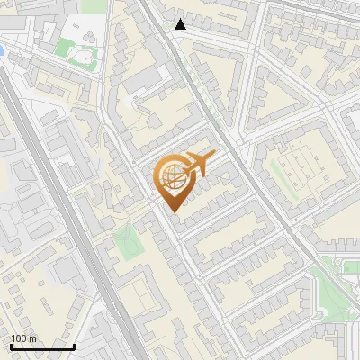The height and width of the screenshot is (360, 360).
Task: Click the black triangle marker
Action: [x=181, y=24]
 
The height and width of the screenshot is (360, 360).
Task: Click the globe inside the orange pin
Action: [x=172, y=175]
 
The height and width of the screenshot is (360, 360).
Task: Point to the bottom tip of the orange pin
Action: [x=173, y=211]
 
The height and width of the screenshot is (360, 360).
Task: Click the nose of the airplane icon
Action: [x=214, y=155]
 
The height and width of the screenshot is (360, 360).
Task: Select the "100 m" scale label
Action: [x=24, y=338]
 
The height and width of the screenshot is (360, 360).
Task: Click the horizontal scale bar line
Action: [x=41, y=346]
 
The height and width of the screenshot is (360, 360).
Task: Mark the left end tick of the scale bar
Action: [x=10, y=345]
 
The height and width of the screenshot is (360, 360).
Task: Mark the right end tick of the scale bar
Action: [x=74, y=345]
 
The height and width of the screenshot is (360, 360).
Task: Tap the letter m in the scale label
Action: [x=32, y=338]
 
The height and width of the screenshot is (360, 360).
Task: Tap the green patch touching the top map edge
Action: [x=93, y=5]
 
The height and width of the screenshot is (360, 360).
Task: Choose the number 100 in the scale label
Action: [x=19, y=338]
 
